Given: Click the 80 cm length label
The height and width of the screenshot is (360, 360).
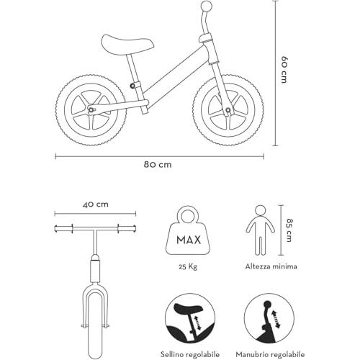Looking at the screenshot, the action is pyautogui.click(x=158, y=165).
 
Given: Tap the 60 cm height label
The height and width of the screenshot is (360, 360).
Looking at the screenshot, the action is pyautogui.click(x=284, y=70).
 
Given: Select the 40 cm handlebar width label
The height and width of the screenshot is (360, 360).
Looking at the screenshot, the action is pyautogui.click(x=95, y=204).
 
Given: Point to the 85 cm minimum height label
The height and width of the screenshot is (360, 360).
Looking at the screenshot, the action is pyautogui.click(x=289, y=230).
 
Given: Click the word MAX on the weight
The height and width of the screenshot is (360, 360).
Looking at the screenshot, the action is pyautogui.click(x=189, y=240).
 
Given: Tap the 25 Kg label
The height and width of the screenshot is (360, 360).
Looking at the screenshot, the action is pyautogui.click(x=188, y=266).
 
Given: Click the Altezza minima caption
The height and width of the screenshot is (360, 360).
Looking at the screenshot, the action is pyautogui.click(x=271, y=266).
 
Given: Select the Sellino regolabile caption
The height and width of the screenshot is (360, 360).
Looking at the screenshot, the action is pyautogui.click(x=190, y=354).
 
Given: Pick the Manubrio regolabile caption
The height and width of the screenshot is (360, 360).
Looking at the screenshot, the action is pyautogui.click(x=270, y=354).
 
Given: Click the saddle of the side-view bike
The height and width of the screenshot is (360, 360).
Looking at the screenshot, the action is pyautogui.click(x=127, y=45).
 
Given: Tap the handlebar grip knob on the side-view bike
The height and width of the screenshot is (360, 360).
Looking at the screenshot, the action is pyautogui.click(x=207, y=6).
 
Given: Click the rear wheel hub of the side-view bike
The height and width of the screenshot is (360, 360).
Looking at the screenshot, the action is pyautogui.click(x=91, y=109).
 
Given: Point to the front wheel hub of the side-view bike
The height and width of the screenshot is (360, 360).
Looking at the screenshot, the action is pyautogui.click(x=228, y=110).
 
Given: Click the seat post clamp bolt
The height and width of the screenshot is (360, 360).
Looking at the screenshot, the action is pyautogui.click(x=132, y=86).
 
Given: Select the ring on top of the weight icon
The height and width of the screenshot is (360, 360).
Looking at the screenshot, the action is pyautogui.click(x=187, y=216).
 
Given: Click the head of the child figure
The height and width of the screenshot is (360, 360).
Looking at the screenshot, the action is pyautogui.click(x=261, y=211).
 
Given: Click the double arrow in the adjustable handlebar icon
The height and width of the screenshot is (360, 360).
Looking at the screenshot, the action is pyautogui.click(x=276, y=319).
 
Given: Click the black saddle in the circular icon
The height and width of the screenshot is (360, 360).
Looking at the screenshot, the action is pyautogui.click(x=186, y=309).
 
